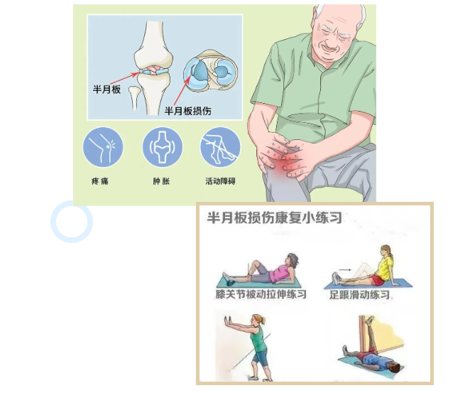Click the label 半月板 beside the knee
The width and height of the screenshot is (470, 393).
point(106,90)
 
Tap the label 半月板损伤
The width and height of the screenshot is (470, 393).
point(188,111)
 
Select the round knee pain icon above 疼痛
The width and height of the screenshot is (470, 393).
point(103,147)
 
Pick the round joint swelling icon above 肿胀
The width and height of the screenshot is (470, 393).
point(162,147)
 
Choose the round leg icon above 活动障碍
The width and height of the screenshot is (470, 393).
point(220,147)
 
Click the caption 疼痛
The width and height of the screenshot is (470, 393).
point(100,181)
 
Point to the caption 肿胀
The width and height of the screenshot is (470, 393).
point(161,181)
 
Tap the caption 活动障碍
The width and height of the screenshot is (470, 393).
point(220,181)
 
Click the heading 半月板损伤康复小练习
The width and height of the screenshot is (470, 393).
point(274,217)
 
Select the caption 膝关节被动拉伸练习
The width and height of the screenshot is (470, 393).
point(261,294)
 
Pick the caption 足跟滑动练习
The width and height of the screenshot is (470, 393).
point(359,295)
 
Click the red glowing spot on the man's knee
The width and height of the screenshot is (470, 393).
point(281,166)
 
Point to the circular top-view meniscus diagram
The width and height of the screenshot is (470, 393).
point(210,71)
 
